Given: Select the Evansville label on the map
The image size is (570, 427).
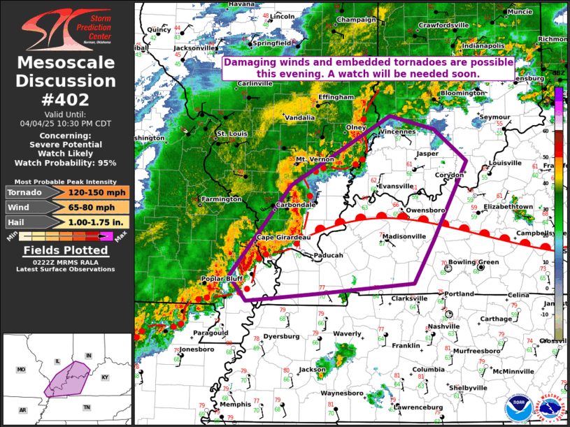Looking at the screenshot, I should point(396,187).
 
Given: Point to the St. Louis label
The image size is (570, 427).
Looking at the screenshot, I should point(231,133).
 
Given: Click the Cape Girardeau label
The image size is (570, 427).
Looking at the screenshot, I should point(283,238).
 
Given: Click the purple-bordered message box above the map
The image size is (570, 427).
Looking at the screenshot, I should point(368,68).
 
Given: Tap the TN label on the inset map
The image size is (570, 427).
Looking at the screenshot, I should point(87,407).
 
